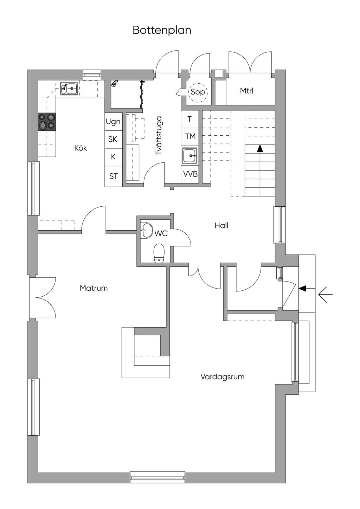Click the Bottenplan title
[x=162, y=30]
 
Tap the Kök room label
[x=81, y=148]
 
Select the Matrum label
[x=94, y=288]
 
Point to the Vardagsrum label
[x=222, y=377]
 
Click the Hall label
[x=221, y=225]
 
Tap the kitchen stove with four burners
[x=47, y=122]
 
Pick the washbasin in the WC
[x=147, y=230]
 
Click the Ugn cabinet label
[x=113, y=122]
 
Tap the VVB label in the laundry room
[x=190, y=174]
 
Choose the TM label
[x=190, y=136]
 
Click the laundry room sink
[x=189, y=155]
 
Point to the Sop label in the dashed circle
[x=198, y=92]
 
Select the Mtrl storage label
[x=246, y=91]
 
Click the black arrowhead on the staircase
[x=260, y=149]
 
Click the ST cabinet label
[x=114, y=176]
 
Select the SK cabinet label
[x=113, y=139]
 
